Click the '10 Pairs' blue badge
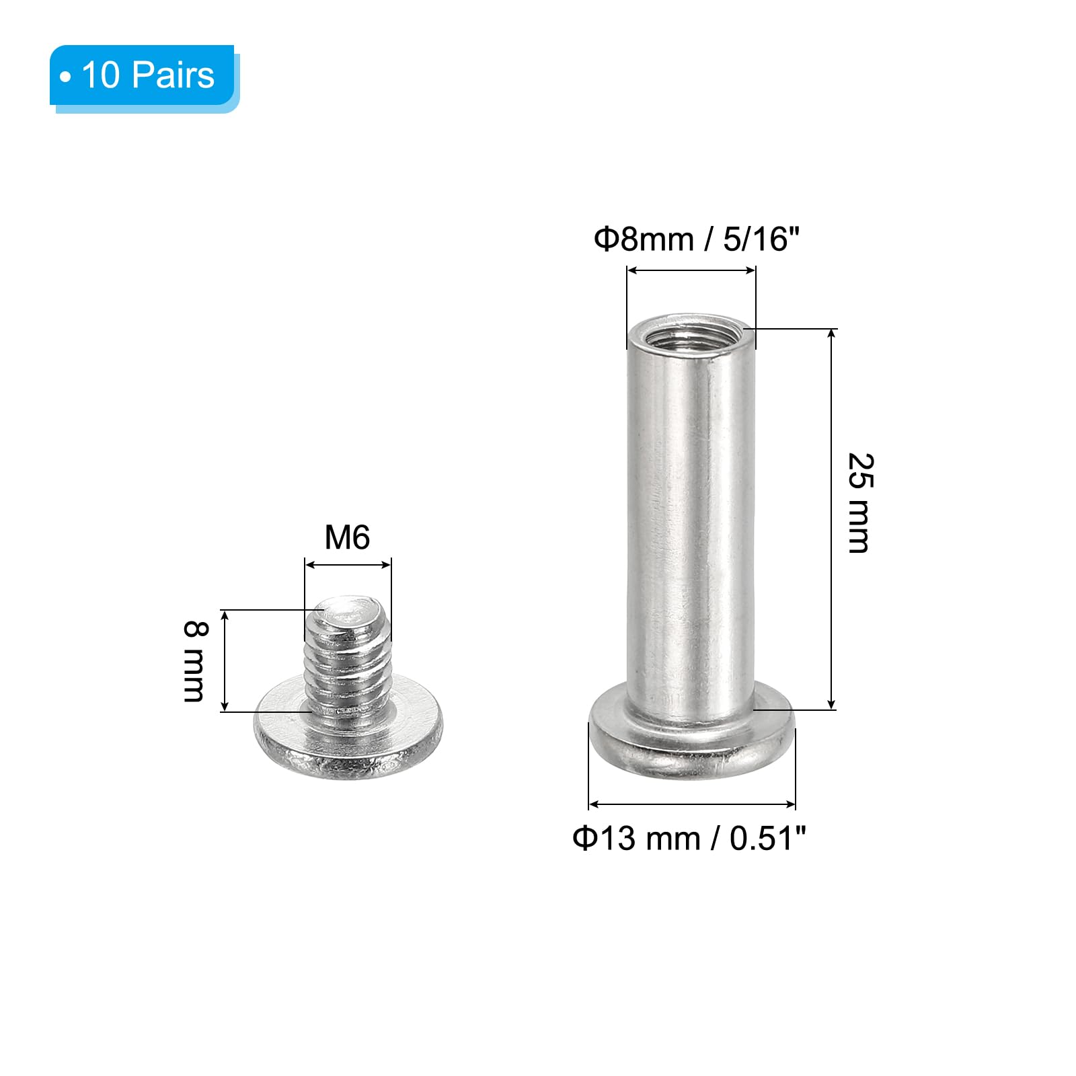click(x=144, y=77)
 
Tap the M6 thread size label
click(x=347, y=537)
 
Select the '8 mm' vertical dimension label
click(x=195, y=661)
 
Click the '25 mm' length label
click(x=859, y=503)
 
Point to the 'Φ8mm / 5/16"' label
click(x=696, y=239)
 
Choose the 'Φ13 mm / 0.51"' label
click(x=689, y=838)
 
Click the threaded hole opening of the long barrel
click(x=691, y=330)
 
